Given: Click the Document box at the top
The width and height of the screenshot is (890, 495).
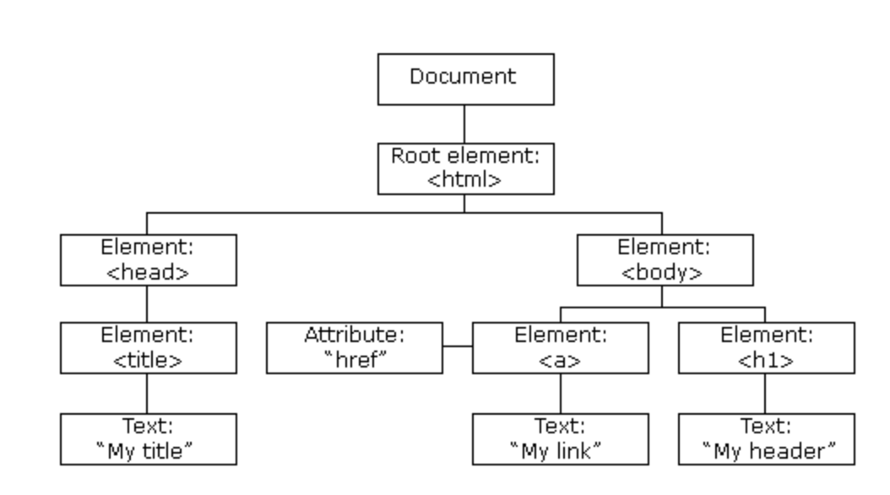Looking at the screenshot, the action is tap(466, 79).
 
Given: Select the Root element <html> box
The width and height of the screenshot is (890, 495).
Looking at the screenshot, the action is tap(466, 169).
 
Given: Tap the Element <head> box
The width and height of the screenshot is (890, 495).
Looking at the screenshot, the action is tap(148, 260).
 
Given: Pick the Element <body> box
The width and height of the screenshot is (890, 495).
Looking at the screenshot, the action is tap(665, 260).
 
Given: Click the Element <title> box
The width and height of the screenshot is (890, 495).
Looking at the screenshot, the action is tap(148, 348).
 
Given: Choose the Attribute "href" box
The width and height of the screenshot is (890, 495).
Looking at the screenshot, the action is tap(354, 348).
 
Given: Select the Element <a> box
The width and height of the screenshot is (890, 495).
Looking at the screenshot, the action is tap(560, 348).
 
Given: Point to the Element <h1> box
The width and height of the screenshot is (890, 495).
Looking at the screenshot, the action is tap(766, 348).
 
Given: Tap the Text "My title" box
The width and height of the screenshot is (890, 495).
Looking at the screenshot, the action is tap(148, 439).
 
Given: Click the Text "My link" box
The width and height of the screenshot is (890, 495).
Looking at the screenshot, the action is tap(560, 439).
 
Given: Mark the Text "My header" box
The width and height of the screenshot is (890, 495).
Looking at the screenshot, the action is tap(766, 439).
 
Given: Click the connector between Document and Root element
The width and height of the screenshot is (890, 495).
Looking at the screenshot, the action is tap(464, 124).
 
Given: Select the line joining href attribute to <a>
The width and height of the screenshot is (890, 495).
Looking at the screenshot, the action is tap(458, 345).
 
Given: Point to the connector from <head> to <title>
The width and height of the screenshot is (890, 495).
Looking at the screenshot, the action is tap(147, 304).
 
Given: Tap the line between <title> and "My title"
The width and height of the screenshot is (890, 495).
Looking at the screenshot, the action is tap(147, 394).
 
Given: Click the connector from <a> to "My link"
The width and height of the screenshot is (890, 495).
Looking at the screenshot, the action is tap(561, 394).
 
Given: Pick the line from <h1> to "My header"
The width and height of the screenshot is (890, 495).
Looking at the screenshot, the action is tap(765, 394).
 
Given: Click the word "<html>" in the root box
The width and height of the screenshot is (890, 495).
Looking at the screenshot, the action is tap(464, 180).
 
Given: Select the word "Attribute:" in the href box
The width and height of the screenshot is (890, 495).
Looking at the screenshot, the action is tap(354, 335).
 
